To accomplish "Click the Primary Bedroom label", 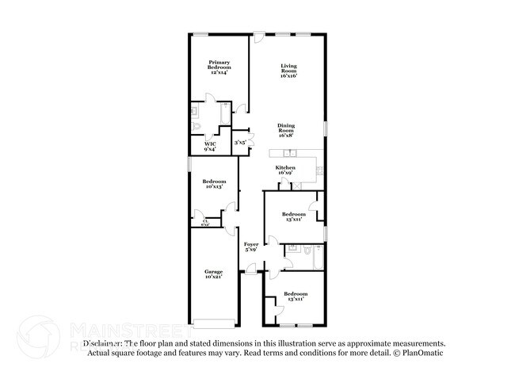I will (218, 67).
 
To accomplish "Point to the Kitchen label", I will (285, 170).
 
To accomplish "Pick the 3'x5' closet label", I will (239, 143).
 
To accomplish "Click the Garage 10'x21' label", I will (213, 274).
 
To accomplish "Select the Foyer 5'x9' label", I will (251, 247).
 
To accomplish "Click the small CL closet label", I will (204, 223).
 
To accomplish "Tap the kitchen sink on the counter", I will (290, 152).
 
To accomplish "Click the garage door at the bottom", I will (213, 323).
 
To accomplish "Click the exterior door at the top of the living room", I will (259, 36).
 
